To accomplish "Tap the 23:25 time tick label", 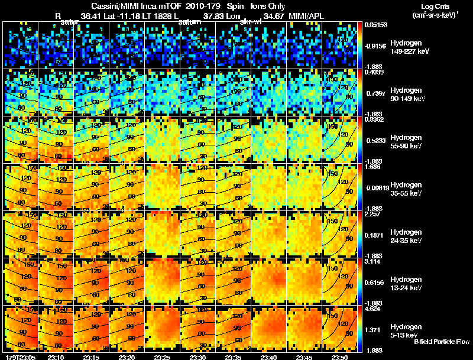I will tap(163, 357).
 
